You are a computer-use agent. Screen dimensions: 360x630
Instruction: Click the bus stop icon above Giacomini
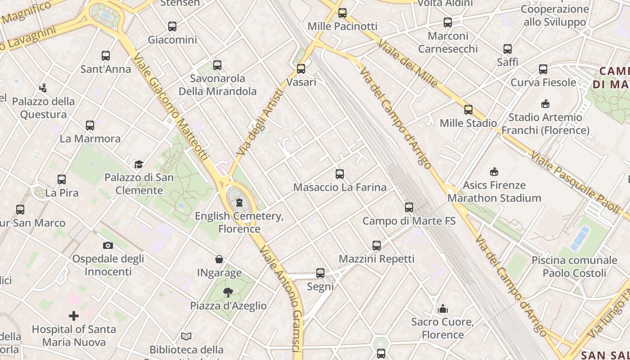(x=172, y=27)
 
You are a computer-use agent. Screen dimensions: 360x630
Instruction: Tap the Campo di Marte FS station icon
(x=409, y=207)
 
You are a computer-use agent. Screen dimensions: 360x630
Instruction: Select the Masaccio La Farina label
(x=340, y=187)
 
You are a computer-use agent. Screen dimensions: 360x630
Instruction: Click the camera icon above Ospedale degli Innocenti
(x=108, y=245)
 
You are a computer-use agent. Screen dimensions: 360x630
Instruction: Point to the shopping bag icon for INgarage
(x=219, y=259)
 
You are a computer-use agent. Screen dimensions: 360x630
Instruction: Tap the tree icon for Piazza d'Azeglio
(x=228, y=292)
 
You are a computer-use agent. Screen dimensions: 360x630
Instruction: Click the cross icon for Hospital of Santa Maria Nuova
(x=74, y=316)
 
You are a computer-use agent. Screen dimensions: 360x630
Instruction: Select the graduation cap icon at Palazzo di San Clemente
(x=139, y=164)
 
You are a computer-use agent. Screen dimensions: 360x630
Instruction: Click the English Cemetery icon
(x=239, y=202)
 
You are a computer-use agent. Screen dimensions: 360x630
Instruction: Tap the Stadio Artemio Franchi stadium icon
(x=545, y=104)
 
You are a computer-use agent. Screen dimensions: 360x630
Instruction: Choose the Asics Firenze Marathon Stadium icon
(x=494, y=171)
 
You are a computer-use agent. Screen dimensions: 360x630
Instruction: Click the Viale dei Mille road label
(x=408, y=63)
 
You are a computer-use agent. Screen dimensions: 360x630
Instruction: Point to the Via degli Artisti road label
(x=261, y=122)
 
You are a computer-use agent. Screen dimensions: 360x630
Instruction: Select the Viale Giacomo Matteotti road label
(x=171, y=108)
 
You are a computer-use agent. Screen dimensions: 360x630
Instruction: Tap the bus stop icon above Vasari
(x=301, y=69)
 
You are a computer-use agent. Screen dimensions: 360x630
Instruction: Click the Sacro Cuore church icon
(x=443, y=309)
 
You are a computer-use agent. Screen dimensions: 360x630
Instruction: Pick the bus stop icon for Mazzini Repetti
(x=377, y=246)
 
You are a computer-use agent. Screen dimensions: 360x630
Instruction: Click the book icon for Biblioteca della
(x=186, y=336)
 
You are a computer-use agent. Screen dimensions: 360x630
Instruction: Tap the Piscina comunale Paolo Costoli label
(x=574, y=266)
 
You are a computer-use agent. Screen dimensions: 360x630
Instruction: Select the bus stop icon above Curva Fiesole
(x=543, y=69)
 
